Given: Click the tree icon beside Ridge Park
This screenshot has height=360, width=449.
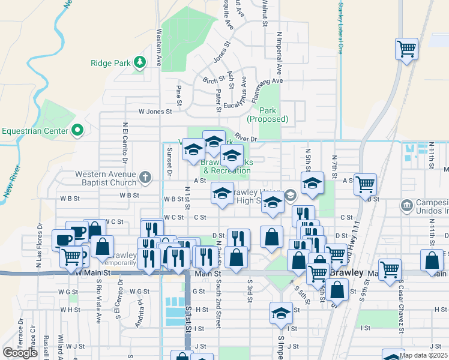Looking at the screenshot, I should tap(140, 62).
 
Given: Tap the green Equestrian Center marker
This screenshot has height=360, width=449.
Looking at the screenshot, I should tap(77, 130).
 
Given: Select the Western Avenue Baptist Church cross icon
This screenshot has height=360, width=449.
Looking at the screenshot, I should tap(144, 177).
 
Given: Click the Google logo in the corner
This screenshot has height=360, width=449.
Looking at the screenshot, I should tap(20, 353).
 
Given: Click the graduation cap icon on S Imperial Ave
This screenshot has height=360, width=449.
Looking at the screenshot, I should tap(280, 313).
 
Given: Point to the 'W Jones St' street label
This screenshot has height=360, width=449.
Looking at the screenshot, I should tap(155, 111).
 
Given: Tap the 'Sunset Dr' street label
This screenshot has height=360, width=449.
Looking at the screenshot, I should tap(170, 162).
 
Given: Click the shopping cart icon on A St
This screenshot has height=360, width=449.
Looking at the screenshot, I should tap(364, 184).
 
